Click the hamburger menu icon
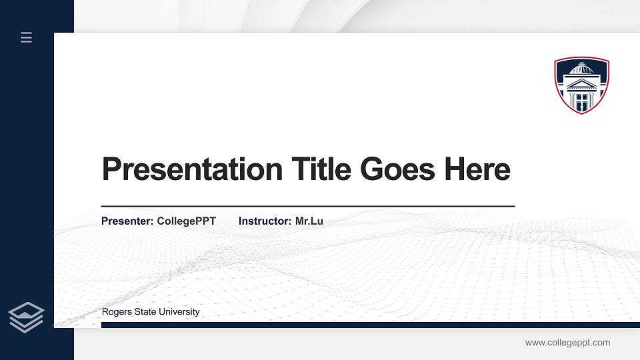pyautogui.click(x=27, y=37)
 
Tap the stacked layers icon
pyautogui.click(x=27, y=317)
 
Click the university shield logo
pyautogui.click(x=581, y=85)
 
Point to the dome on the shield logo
pyautogui.click(x=581, y=69)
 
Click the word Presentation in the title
pyautogui.click(x=192, y=169)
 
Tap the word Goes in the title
pyautogui.click(x=398, y=169)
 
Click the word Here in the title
pyautogui.click(x=477, y=169)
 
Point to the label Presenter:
pyautogui.click(x=127, y=221)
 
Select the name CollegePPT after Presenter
pyautogui.click(x=187, y=221)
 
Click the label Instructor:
pyautogui.click(x=265, y=221)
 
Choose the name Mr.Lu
pyautogui.click(x=309, y=221)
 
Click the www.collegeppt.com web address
pyautogui.click(x=567, y=343)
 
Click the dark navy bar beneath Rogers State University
pyautogui.click(x=367, y=325)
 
